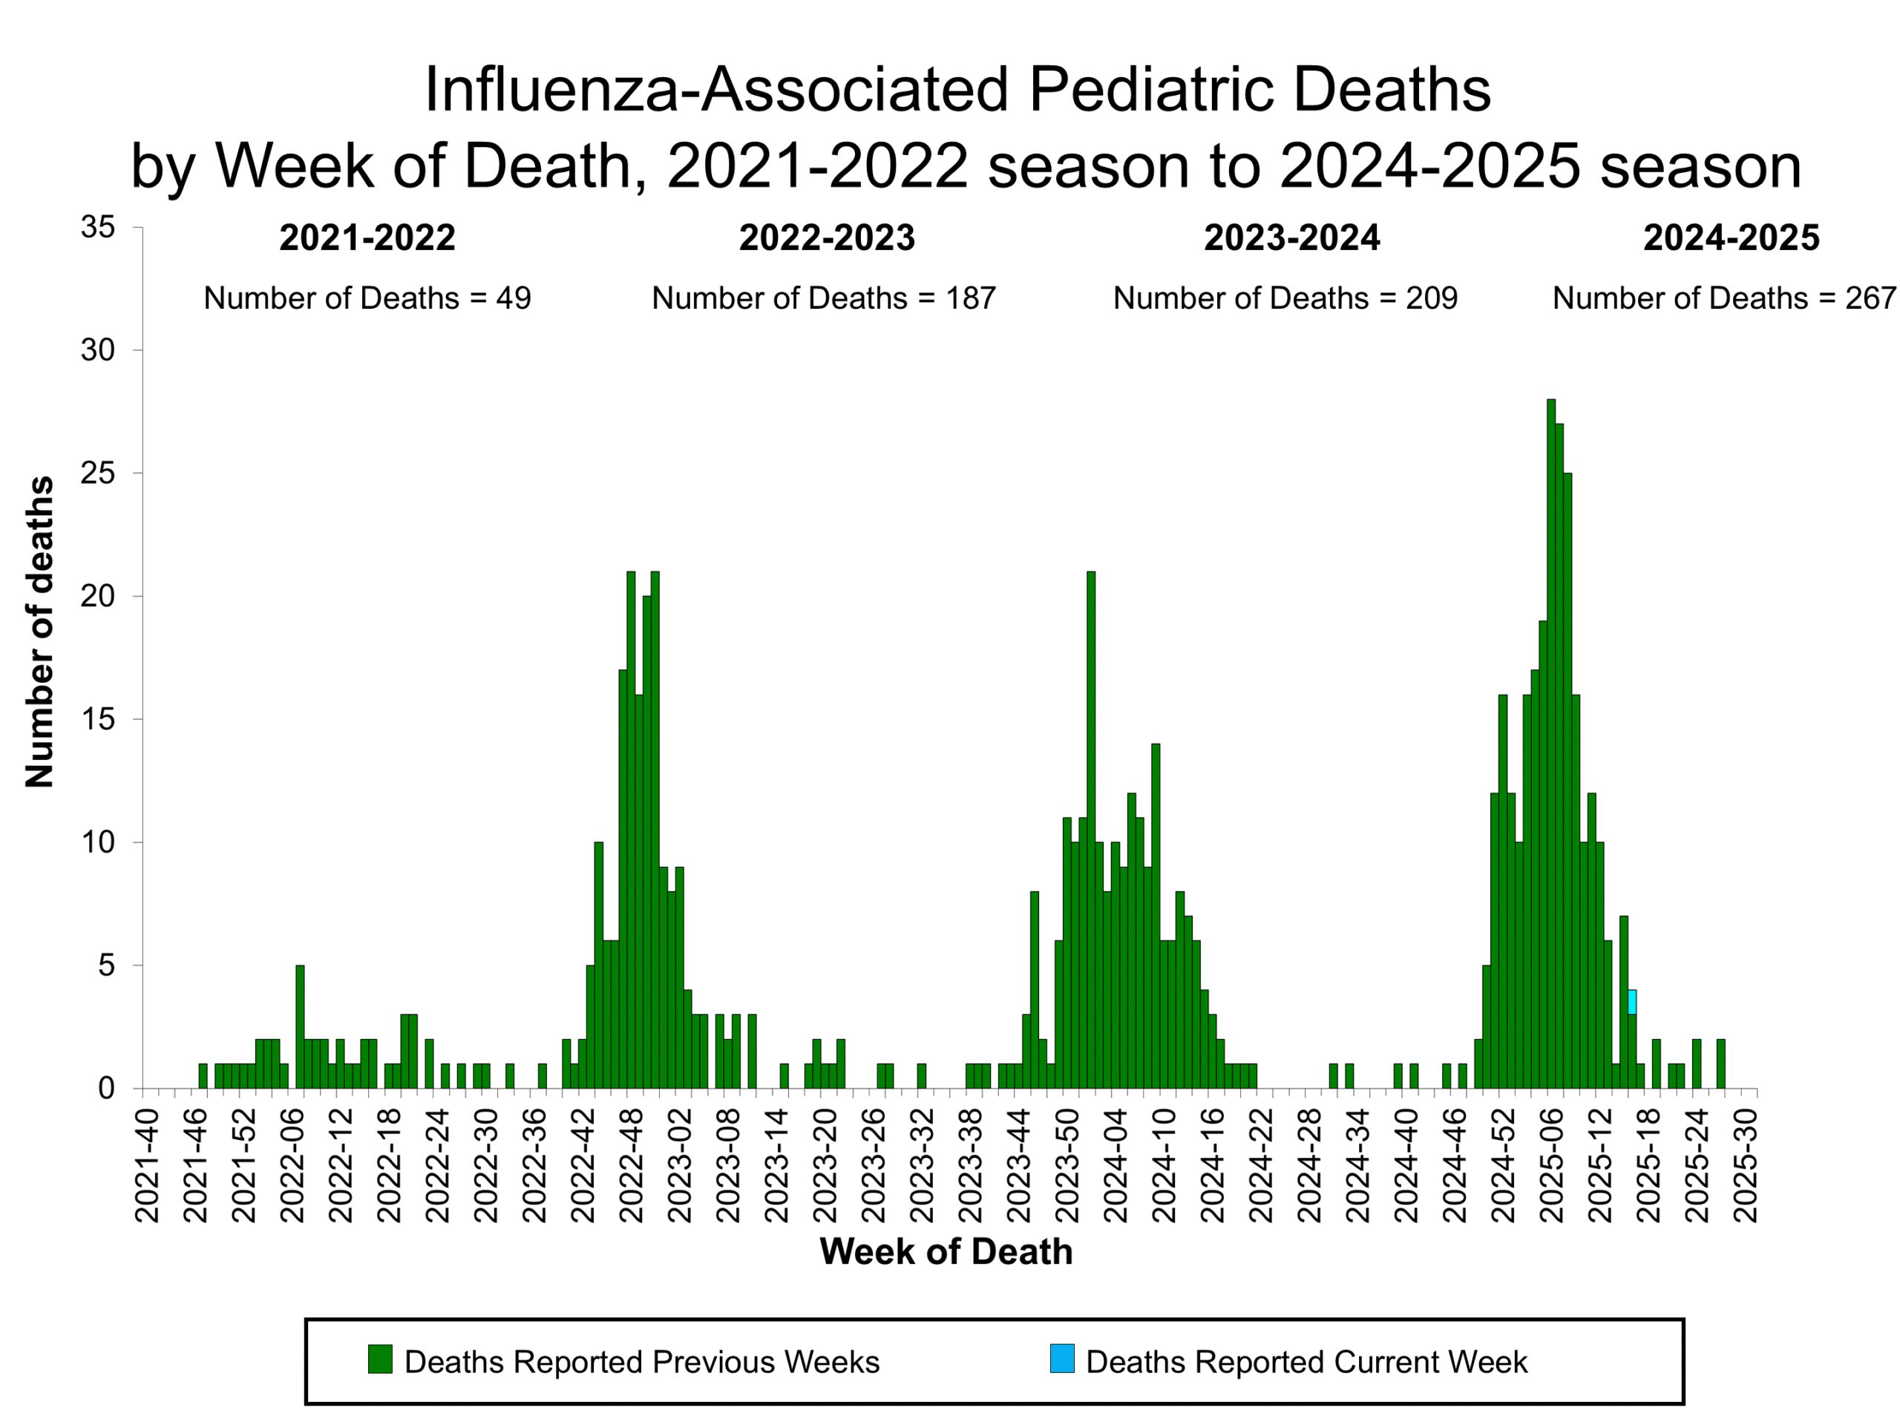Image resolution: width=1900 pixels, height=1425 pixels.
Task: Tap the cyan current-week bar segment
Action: click(x=1632, y=1001)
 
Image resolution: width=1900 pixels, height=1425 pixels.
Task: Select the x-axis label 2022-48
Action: click(x=632, y=1164)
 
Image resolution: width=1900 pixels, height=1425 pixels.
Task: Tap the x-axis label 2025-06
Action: click(x=1552, y=1164)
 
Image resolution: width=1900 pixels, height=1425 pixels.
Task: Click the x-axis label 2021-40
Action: click(x=147, y=1164)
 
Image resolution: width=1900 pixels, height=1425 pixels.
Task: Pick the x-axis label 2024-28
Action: click(x=1309, y=1164)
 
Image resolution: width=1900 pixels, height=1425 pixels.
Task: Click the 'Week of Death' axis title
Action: click(x=946, y=1251)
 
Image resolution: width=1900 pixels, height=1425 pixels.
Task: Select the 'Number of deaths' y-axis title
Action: click(x=39, y=632)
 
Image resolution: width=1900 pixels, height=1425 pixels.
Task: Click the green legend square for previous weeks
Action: click(x=380, y=1359)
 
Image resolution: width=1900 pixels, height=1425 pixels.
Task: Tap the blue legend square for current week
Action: click(x=1061, y=1359)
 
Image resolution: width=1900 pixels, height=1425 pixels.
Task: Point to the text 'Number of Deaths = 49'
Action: click(x=367, y=298)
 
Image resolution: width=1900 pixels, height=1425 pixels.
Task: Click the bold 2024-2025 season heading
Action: click(x=1731, y=238)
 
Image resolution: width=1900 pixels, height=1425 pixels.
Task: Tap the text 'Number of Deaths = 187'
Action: click(x=823, y=298)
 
